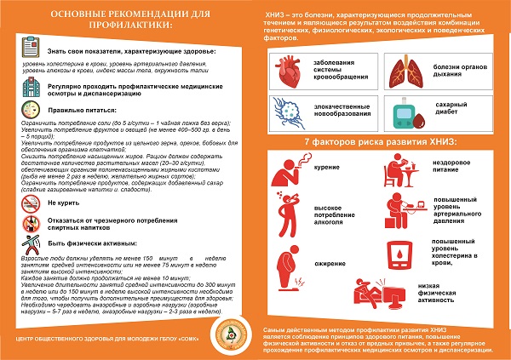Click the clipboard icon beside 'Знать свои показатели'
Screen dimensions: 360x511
(x=29, y=52)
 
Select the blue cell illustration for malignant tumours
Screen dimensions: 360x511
(x=286, y=111)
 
